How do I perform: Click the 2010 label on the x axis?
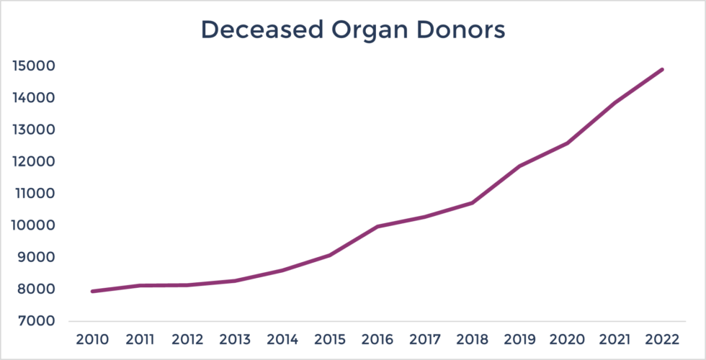pyautogui.click(x=91, y=339)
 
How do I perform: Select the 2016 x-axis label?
pyautogui.click(x=377, y=339)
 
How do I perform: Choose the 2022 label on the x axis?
pyautogui.click(x=662, y=339)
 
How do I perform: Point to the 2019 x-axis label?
pyautogui.click(x=519, y=339)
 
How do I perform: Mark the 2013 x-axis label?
pyautogui.click(x=234, y=339)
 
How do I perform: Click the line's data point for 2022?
pyautogui.click(x=662, y=70)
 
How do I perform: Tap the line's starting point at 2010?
pyautogui.click(x=91, y=291)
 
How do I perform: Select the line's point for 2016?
pyautogui.click(x=377, y=226)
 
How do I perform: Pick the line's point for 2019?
pyautogui.click(x=519, y=166)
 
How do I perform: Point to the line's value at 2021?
pyautogui.click(x=615, y=103)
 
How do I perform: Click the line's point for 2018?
pyautogui.click(x=472, y=203)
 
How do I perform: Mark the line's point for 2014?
pyautogui.click(x=282, y=270)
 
